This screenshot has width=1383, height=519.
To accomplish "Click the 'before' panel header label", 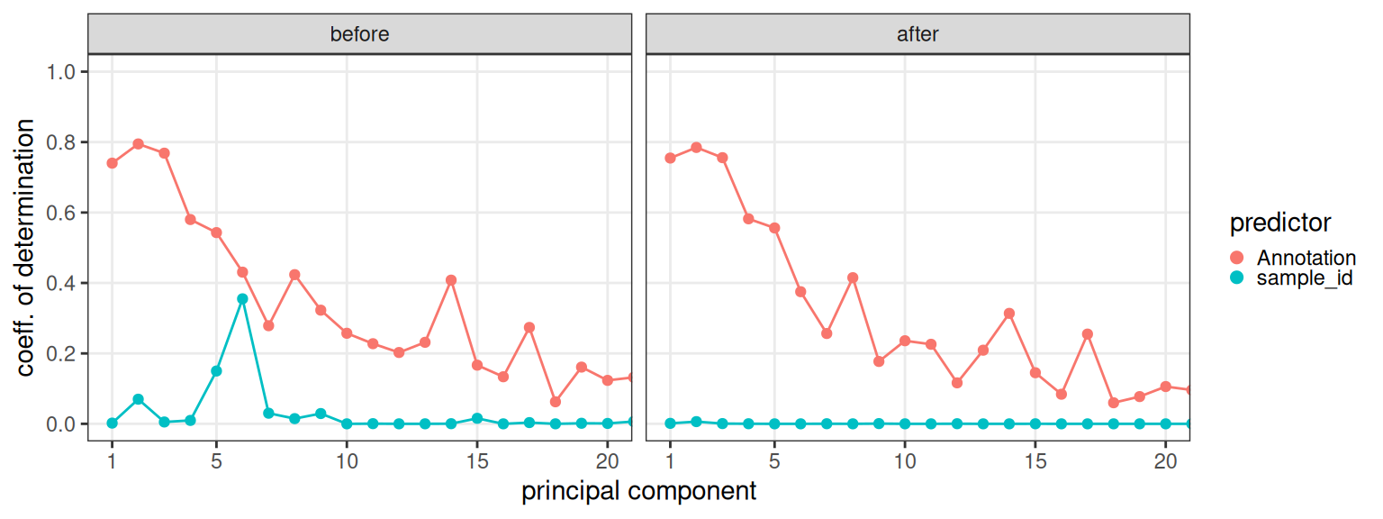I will pyautogui.click(x=359, y=34).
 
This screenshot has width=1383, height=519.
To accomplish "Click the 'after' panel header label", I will pyautogui.click(x=917, y=34).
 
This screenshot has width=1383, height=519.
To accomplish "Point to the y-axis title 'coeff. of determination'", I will pyautogui.click(x=29, y=247).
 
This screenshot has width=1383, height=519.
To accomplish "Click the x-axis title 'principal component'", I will pyautogui.click(x=638, y=492).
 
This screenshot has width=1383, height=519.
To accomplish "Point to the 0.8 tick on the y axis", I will pyautogui.click(x=62, y=142).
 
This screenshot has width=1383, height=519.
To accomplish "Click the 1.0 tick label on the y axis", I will pyautogui.click(x=62, y=72).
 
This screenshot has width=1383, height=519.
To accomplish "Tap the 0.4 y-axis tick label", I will pyautogui.click(x=62, y=283).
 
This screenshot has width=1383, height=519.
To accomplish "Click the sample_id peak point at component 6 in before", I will pyautogui.click(x=242, y=298).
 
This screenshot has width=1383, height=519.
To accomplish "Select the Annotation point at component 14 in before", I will pyautogui.click(x=451, y=280).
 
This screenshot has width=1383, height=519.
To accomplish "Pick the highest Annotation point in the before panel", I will pyautogui.click(x=138, y=144).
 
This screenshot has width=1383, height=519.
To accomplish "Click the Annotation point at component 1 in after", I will pyautogui.click(x=670, y=158).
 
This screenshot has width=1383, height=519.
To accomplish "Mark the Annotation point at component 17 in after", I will pyautogui.click(x=1088, y=334).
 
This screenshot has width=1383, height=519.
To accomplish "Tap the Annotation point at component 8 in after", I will pyautogui.click(x=853, y=278).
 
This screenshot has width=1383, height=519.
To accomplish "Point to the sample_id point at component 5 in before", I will pyautogui.click(x=216, y=370).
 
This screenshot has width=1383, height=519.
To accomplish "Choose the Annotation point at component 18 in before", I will pyautogui.click(x=556, y=402).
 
